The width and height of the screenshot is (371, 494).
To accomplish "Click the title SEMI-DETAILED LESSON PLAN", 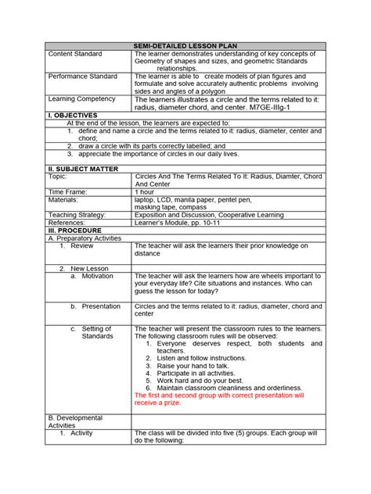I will point(185,46).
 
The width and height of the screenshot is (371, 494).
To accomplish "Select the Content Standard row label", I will point(77,54).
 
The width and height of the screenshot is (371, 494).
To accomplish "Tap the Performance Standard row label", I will point(83,77).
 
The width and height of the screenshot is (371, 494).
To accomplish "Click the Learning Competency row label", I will point(81,99).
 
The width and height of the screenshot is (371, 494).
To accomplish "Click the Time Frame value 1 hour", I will point(145,191).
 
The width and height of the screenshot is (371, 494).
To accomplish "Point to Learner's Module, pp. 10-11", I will point(184,222).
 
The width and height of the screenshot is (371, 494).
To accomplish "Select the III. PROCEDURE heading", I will point(76,230).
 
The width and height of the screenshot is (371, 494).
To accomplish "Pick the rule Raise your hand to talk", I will point(193,366).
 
